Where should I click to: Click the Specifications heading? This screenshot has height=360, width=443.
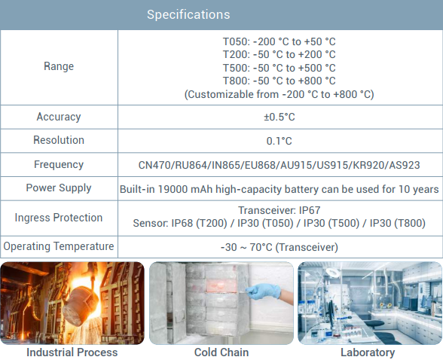click(188, 14)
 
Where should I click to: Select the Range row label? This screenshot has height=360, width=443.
click(59, 66)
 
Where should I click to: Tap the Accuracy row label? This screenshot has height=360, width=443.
click(59, 117)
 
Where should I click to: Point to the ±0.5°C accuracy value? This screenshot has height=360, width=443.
click(280, 117)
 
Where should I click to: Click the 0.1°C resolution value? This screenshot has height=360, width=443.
click(279, 141)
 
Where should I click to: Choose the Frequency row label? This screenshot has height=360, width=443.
click(59, 165)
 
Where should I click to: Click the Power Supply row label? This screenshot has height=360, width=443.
click(59, 188)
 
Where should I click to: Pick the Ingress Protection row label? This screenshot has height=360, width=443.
click(59, 218)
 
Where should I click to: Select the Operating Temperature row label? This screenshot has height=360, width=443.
click(59, 246)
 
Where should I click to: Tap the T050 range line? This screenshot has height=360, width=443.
click(279, 41)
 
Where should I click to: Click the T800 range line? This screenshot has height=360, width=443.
click(279, 81)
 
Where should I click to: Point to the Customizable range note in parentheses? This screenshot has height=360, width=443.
click(279, 94)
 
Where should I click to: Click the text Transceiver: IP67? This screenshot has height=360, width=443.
click(279, 210)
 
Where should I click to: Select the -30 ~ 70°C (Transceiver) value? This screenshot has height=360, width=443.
click(279, 247)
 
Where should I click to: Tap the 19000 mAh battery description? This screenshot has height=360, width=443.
click(279, 189)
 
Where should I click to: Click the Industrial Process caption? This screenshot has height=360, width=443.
click(72, 352)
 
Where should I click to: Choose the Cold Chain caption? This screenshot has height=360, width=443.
click(221, 352)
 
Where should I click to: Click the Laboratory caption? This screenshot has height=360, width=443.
click(368, 352)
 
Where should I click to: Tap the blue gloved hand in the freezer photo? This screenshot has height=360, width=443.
click(264, 291)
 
